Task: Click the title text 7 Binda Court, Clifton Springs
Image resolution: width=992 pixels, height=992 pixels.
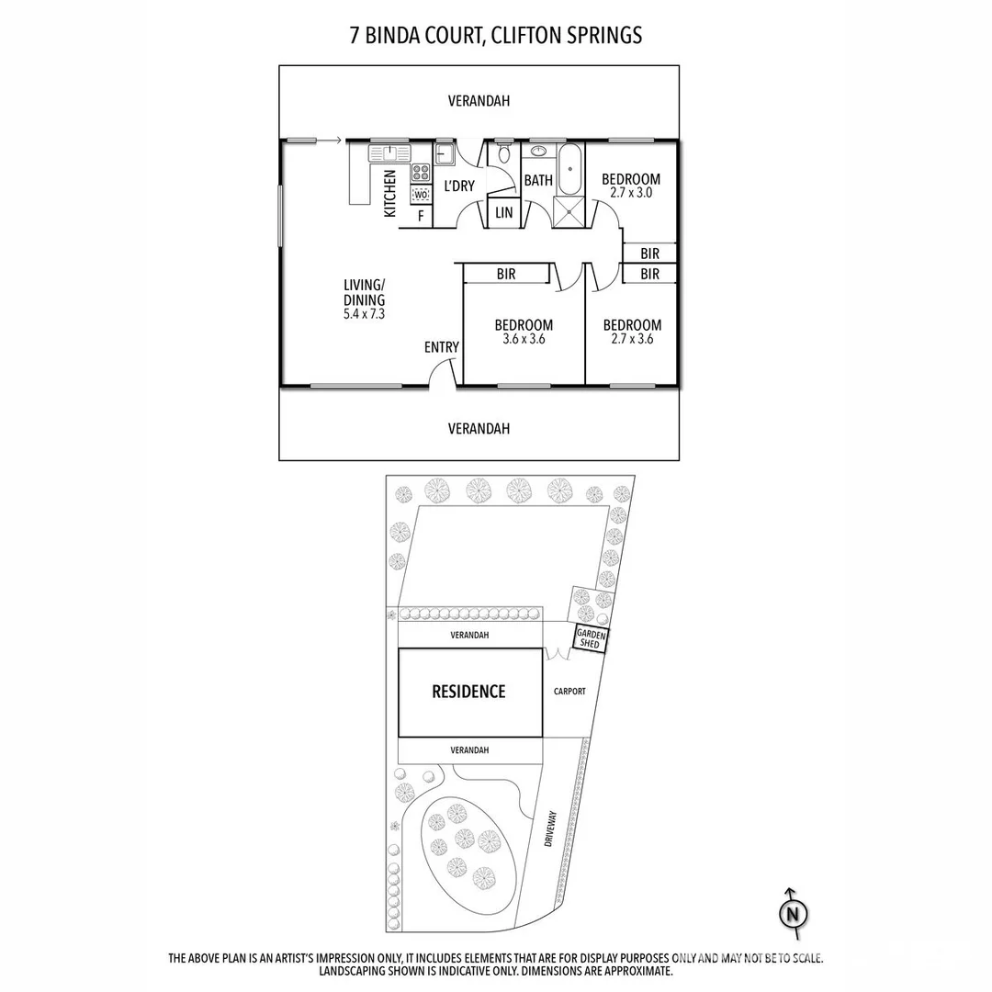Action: pos(496,36)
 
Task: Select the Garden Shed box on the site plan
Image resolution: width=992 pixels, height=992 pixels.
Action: pos(588,638)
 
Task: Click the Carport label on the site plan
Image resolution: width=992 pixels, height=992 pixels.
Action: pos(569,692)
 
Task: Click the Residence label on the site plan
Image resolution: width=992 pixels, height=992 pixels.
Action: pos(468,692)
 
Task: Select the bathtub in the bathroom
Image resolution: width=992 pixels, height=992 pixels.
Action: pos(570,168)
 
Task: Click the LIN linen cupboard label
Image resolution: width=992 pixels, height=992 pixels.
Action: pos(503,213)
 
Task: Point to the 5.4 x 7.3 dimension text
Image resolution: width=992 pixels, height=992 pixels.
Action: pos(364,313)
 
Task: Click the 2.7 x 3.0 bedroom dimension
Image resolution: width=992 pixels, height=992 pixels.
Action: pos(631,193)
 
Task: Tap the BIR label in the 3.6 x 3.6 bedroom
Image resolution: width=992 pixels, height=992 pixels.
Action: pos(506,274)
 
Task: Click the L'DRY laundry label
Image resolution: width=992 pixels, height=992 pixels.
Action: pos(459,186)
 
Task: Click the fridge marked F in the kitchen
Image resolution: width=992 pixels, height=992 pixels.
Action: pos(421,216)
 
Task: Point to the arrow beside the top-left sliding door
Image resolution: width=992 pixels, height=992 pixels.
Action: pos(330,141)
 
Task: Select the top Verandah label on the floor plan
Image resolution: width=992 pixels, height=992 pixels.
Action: pos(479,101)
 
